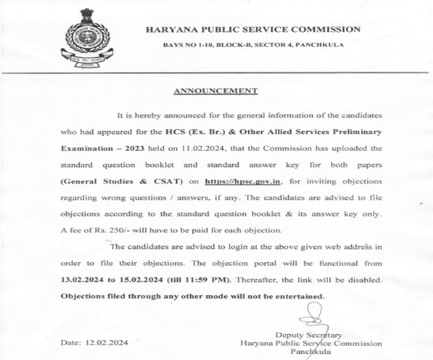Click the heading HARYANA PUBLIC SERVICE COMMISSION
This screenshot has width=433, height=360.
tap(252, 29)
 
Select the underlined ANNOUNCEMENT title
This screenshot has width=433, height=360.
tap(215, 91)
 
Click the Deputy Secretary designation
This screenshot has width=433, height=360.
tap(308, 335)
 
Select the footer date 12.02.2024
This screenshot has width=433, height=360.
tap(94, 343)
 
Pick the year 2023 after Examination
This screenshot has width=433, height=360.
tap(135, 149)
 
